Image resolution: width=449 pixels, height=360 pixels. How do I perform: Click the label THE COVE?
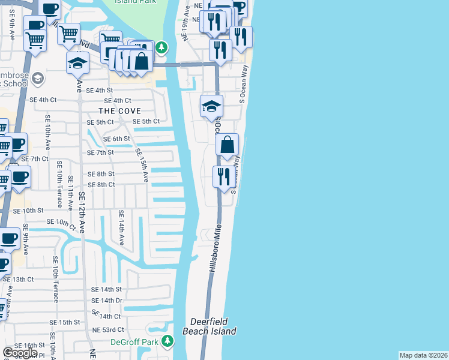pyautogui.click(x=120, y=111)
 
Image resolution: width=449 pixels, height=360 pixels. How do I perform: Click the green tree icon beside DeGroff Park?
pyautogui.click(x=168, y=341)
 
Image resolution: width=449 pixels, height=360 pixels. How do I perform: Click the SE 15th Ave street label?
pyautogui.click(x=142, y=163)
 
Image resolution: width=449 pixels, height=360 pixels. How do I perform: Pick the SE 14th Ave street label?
pyautogui.click(x=121, y=228)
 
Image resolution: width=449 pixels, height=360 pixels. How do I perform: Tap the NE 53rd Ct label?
pyautogui.click(x=107, y=329)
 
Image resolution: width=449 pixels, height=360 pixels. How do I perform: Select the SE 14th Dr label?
pyautogui.click(x=107, y=300)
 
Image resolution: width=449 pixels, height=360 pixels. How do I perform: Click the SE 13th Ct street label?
pyautogui.click(x=18, y=280)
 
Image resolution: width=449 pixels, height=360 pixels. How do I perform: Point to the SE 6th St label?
pyautogui.click(x=116, y=139)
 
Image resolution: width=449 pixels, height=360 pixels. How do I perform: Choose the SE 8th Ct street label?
pyautogui.click(x=101, y=184)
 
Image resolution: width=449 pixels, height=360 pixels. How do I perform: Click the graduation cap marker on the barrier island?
pyautogui.click(x=211, y=106)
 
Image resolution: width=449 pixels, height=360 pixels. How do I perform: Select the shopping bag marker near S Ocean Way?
pyautogui.click(x=228, y=145)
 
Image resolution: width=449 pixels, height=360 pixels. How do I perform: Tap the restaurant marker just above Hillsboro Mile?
pyautogui.click(x=222, y=177)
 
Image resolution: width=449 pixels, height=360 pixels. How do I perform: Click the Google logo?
pyautogui.click(x=20, y=353)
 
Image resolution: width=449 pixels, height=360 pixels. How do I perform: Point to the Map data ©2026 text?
pyautogui.click(x=424, y=355)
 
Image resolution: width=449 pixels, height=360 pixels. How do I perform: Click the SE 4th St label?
pyautogui.click(x=99, y=90)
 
